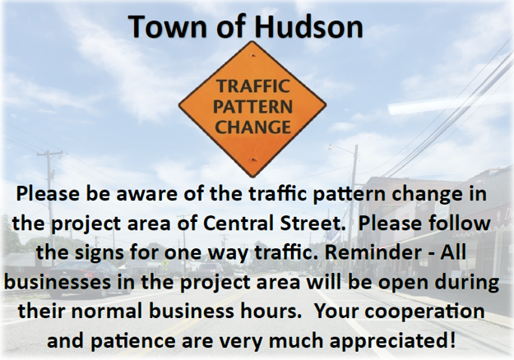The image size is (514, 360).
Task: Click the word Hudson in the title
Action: click(x=308, y=26)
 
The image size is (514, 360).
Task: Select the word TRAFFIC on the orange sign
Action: click(x=252, y=86)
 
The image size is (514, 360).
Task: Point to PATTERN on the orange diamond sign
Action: click(x=252, y=107)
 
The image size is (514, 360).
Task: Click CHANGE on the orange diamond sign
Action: click(x=252, y=127)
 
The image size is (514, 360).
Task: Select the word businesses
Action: click(x=58, y=282)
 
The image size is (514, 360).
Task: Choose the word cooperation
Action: click(x=424, y=311)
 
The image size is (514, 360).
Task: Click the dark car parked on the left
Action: click(x=85, y=279)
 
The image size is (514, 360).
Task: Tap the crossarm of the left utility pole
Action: click(x=49, y=154)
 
